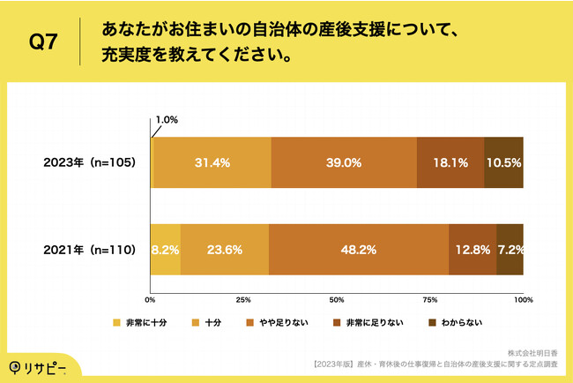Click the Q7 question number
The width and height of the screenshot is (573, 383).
[44, 42]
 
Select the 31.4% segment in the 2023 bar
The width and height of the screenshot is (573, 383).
[212, 163]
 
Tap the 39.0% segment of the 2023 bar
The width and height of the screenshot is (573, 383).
[344, 163]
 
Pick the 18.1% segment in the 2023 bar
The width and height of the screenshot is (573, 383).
[450, 163]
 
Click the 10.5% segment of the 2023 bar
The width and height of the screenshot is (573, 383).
[503, 163]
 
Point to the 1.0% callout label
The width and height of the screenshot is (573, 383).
[167, 121]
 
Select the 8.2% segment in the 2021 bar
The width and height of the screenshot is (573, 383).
[166, 250]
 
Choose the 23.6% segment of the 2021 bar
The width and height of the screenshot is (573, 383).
[225, 250]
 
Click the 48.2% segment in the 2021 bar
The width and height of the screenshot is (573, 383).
[359, 250]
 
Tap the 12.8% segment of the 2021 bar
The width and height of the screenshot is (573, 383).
[473, 250]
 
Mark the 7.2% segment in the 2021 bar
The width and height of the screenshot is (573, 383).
[510, 250]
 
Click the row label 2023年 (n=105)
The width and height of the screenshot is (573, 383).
[91, 163]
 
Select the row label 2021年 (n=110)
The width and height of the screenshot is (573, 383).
[91, 250]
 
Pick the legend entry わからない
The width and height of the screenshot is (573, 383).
[454, 322]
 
